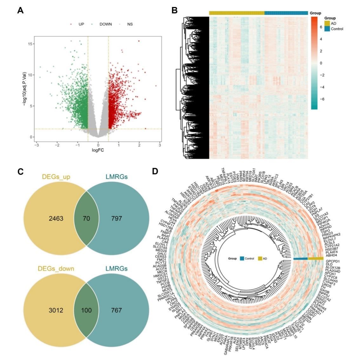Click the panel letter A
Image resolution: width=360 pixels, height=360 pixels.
(20, 10)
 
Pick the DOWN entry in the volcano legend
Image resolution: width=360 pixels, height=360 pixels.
(105, 24)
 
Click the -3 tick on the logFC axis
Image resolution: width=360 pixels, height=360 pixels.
(37, 145)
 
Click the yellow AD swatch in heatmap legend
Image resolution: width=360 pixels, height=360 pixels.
(327, 23)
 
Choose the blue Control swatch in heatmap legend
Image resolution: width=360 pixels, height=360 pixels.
(327, 29)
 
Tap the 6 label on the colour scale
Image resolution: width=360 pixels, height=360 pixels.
(321, 27)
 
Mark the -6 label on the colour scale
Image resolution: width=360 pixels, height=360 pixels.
(322, 99)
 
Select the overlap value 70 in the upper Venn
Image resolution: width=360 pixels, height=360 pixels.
(86, 218)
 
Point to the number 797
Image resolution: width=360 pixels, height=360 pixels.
(117, 218)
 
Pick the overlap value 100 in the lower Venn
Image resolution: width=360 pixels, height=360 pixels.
(86, 310)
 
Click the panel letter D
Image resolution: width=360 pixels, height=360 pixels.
(155, 171)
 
